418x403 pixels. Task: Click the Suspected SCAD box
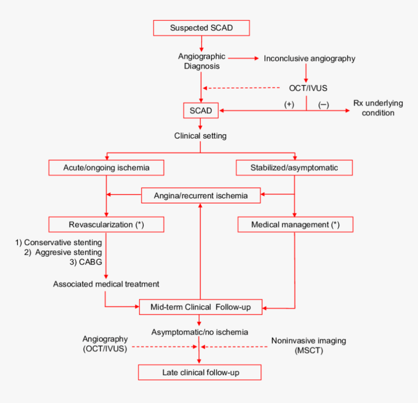pos(201,28)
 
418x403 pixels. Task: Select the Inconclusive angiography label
pos(309,58)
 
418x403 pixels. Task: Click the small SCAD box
pos(201,110)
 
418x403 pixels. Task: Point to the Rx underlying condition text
pos(374,108)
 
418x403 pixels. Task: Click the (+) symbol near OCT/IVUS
pos(289,104)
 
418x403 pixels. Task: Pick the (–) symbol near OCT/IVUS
pos(323,104)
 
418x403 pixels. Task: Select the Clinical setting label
pos(200,136)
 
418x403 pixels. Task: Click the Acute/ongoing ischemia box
pos(106,168)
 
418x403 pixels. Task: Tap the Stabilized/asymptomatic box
pos(294,168)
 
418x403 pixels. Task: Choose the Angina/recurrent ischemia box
pos(201,195)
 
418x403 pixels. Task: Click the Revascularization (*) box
pos(106,225)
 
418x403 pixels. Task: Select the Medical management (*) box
pos(295,225)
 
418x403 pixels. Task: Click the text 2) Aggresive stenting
pos(63,252)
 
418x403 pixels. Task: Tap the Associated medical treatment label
pos(106,283)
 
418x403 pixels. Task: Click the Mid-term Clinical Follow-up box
pos(201,307)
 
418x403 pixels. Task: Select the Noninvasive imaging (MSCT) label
pos(308,345)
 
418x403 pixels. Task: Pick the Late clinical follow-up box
pos(200,373)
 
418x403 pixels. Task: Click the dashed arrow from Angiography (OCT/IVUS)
pos(163,347)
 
